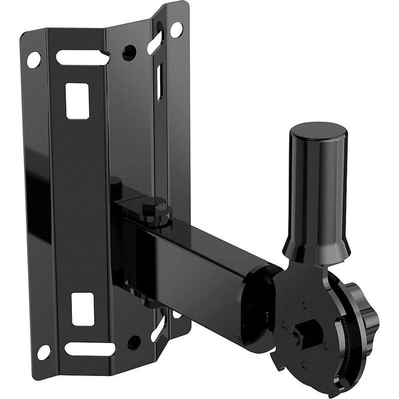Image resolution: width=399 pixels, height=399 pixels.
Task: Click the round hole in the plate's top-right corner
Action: [x=176, y=28]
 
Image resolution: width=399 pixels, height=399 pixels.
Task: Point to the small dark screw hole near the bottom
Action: [x=132, y=342]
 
